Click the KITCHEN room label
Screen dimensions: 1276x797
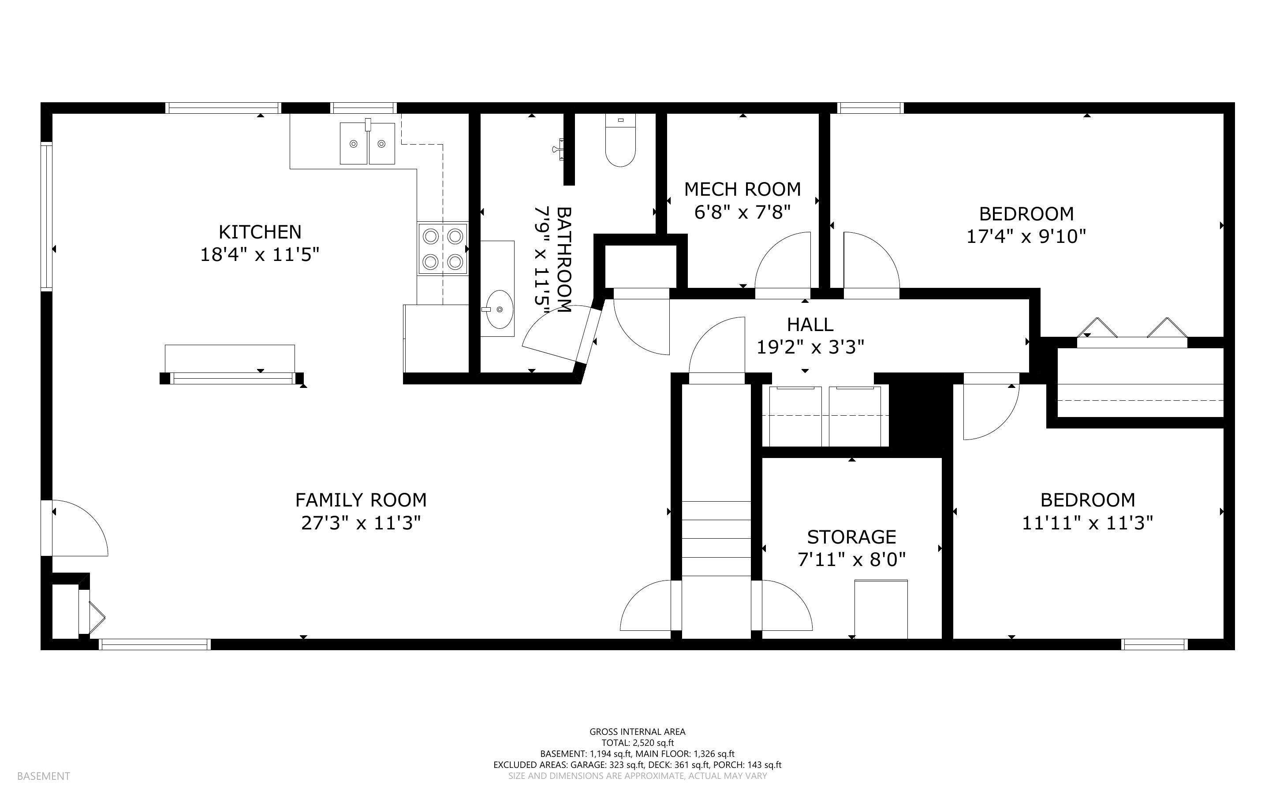pyautogui.click(x=260, y=232)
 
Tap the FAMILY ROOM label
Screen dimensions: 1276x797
pyautogui.click(x=361, y=500)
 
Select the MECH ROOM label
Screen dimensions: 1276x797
pyautogui.click(x=742, y=189)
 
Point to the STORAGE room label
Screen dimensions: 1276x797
pyautogui.click(x=852, y=536)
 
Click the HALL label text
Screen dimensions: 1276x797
pyautogui.click(x=810, y=324)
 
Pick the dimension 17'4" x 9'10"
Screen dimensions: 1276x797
pyautogui.click(x=1026, y=237)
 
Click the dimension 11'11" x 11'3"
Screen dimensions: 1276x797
pyautogui.click(x=1088, y=523)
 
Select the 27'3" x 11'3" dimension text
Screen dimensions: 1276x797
pyautogui.click(x=361, y=523)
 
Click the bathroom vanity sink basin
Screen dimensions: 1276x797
pyautogui.click(x=499, y=309)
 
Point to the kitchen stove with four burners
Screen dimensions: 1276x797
pyautogui.click(x=443, y=248)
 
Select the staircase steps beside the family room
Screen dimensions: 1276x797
pyautogui.click(x=716, y=538)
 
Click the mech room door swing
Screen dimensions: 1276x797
pyautogui.click(x=783, y=261)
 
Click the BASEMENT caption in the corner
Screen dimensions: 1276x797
pyautogui.click(x=44, y=776)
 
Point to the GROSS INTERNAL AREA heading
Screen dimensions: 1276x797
pyautogui.click(x=637, y=732)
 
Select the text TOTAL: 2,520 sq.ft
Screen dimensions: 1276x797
pyautogui.click(x=637, y=743)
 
